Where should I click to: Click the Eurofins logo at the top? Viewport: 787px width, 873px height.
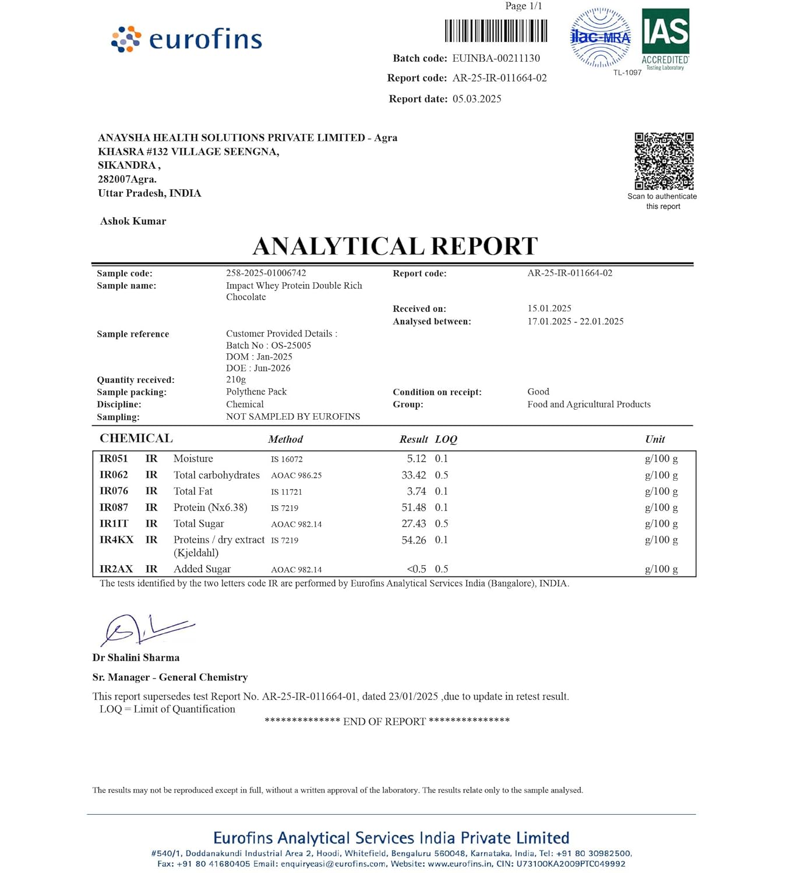186,39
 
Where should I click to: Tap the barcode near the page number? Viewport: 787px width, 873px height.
496,31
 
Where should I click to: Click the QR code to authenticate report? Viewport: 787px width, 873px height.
664,161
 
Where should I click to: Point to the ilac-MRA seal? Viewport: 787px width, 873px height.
600,38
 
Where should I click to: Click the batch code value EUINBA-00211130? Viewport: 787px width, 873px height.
496,58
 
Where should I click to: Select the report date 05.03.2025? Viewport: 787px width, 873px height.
477,99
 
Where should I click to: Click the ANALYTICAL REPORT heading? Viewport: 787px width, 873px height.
394,246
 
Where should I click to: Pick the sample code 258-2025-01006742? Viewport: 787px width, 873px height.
266,273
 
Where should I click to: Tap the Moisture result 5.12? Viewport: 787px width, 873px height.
416,459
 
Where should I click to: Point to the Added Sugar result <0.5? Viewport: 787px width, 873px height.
416,569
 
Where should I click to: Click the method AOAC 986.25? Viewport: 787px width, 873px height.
296,475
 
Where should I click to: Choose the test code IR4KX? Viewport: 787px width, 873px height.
117,540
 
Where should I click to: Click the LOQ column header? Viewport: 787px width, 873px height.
446,439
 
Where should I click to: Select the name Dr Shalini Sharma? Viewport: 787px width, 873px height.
136,658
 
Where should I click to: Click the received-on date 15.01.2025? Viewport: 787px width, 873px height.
549,308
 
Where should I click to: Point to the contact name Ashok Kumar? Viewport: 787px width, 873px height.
133,221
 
